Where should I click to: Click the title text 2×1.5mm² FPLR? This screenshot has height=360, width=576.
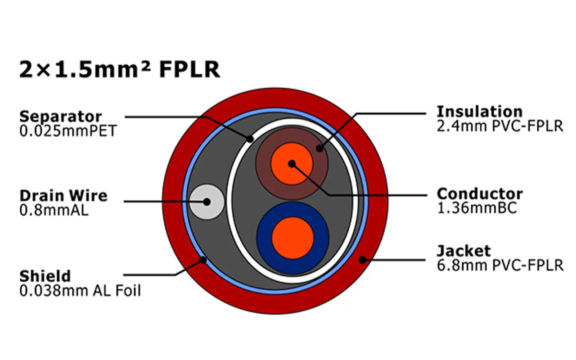pos(120,69)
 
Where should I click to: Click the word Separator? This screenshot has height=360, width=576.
pos(60,116)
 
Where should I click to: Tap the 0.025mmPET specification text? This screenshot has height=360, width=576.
pos(67,131)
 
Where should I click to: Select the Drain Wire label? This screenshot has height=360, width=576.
pos(63,196)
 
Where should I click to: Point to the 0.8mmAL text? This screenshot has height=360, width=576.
pos(54,210)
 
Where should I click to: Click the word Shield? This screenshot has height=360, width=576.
pos(45,275)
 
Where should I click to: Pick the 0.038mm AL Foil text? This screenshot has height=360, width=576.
pos(80,291)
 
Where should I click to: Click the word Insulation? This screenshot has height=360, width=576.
pos(480,111)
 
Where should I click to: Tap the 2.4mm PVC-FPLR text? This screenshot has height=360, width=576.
pos(500,126)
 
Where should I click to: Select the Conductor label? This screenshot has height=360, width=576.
pos(480,194)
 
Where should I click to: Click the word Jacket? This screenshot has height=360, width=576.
pos(464,251)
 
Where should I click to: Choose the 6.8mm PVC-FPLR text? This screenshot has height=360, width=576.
pos(500,265)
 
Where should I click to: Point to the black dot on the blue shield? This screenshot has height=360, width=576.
pos(203,259)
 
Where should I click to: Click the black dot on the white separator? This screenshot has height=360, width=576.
pos(250,138)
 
